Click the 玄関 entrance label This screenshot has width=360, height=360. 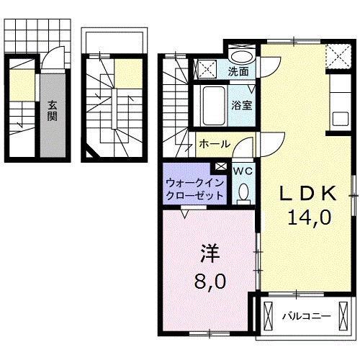point(53,110)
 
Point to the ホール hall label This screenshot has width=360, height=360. point(214,143)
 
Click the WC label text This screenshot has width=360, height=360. point(242,171)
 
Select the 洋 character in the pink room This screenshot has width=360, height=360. point(209,253)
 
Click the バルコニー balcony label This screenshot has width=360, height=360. point(305,316)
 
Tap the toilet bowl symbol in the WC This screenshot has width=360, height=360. point(243,192)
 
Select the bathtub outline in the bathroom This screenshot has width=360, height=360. point(212,105)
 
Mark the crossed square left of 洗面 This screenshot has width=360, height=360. point(209,69)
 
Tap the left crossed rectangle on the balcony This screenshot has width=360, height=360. point(269,316)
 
